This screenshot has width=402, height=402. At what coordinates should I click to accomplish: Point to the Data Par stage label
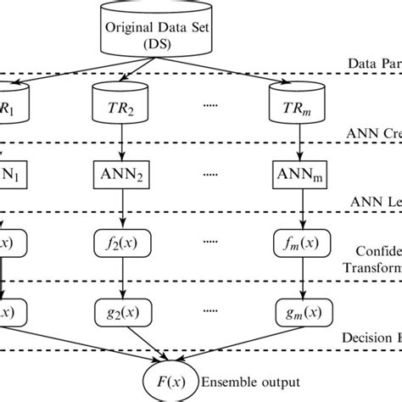(x=373, y=64)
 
